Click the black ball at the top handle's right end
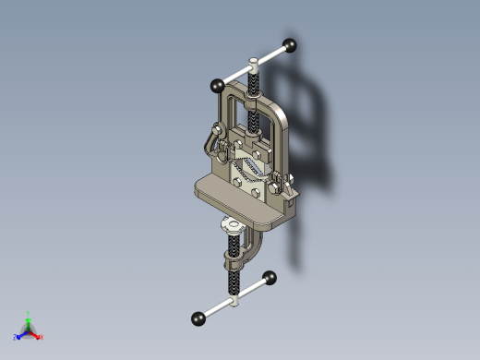(x=290, y=44)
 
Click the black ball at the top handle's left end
(x=218, y=85)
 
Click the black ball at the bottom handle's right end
(x=270, y=277)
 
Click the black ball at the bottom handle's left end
(x=198, y=318)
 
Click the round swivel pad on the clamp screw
(x=230, y=224)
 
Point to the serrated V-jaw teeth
(x=246, y=170)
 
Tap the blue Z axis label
(x=14, y=338)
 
